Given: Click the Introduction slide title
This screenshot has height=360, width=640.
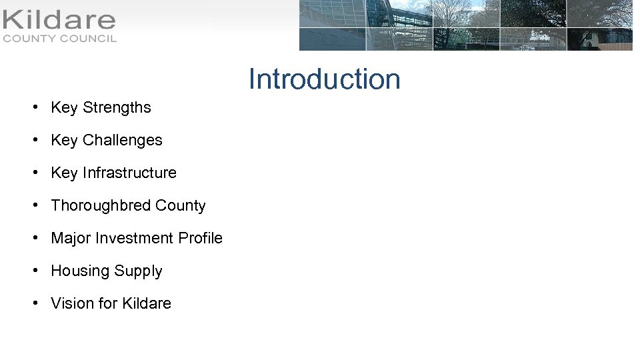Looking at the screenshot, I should pos(325,79).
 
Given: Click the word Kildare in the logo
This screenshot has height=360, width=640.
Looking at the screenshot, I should pos(59,21).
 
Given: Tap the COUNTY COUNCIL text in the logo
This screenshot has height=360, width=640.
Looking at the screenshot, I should pos(59,39).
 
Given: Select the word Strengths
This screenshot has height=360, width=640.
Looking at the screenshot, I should pos(117,107).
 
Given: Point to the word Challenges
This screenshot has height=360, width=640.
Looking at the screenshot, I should pos(122,140).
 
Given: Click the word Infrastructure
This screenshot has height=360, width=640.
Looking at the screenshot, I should pos(129,173).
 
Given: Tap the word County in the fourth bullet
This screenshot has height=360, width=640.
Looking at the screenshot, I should pos(180,205).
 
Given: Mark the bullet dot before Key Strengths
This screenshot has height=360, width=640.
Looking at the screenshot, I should pos(34,107).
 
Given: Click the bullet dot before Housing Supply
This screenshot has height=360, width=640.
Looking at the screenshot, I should pos(34,271).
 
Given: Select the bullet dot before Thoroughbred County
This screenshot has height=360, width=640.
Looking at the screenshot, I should pos(34,205).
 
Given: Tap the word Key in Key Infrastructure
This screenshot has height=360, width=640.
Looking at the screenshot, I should pos(64,173).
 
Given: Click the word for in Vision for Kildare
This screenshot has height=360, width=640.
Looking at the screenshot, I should pos(108,303).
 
